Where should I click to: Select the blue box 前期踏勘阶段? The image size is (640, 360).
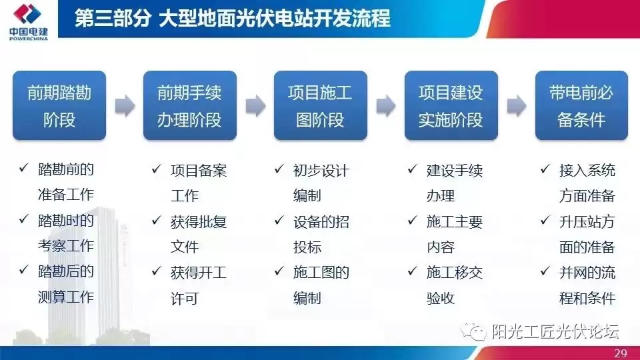click(59, 105)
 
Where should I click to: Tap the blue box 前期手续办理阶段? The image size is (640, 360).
click(189, 105)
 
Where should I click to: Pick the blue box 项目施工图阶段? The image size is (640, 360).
click(320, 105)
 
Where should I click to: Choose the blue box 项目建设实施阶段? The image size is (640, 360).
click(451, 105)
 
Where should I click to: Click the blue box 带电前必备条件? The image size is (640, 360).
click(581, 105)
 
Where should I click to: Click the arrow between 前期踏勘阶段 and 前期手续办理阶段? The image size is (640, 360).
click(125, 105)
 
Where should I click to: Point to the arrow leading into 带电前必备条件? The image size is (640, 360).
click(516, 105)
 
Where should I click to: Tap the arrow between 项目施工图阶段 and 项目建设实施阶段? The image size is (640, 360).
click(385, 105)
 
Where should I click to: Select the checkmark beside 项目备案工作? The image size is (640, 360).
click(157, 169)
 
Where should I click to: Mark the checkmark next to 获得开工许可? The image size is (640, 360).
click(157, 271)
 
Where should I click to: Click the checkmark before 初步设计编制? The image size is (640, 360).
click(279, 169)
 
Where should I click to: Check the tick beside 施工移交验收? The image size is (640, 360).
click(413, 271)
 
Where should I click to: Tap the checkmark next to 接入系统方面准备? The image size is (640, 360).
click(545, 169)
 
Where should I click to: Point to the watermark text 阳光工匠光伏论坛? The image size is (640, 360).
click(555, 331)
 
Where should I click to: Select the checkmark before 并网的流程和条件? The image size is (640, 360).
click(545, 271)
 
